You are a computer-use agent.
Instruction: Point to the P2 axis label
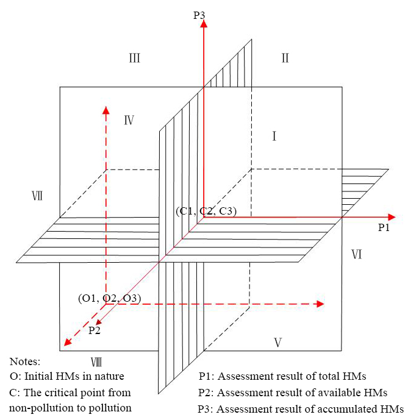95,330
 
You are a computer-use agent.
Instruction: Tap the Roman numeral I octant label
274,137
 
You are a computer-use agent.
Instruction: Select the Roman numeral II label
284,59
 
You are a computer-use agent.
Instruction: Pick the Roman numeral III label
135,59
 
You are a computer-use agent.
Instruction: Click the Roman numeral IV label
129,120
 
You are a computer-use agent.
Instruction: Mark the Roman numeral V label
277,343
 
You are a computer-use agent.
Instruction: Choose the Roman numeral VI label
357,254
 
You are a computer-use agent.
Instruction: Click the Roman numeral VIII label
96,361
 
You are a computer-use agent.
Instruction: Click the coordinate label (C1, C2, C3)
206,212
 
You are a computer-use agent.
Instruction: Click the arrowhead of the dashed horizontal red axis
319,304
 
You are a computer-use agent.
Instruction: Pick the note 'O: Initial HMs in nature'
67,376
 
